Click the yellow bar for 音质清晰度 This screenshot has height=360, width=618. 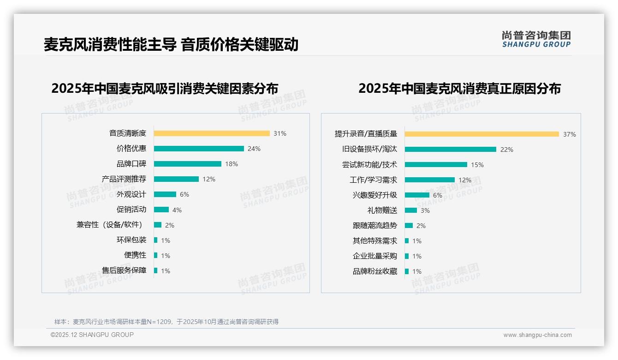pyautogui.click(x=212, y=133)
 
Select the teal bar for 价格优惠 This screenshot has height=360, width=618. pyautogui.click(x=199, y=149)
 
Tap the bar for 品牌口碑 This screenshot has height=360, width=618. pyautogui.click(x=188, y=164)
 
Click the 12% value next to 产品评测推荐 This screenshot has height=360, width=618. pyautogui.click(x=209, y=179)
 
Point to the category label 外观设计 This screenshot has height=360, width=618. pyautogui.click(x=131, y=194)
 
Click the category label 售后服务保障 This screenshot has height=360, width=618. pyautogui.click(x=124, y=270)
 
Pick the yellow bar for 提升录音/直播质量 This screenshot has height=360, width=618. pyautogui.click(x=482, y=134)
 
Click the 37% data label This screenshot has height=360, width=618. pyautogui.click(x=569, y=135)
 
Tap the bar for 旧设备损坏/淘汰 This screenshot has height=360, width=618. pyautogui.click(x=451, y=150)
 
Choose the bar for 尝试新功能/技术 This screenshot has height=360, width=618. pyautogui.click(x=436, y=165)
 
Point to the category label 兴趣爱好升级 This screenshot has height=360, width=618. pyautogui.click(x=374, y=195)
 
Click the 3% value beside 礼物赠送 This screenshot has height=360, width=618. pyautogui.click(x=425, y=210)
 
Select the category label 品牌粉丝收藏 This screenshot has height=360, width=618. pyautogui.click(x=374, y=271)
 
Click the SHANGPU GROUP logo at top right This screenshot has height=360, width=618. pyautogui.click(x=536, y=39)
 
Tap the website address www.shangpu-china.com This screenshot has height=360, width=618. pyautogui.click(x=537, y=335)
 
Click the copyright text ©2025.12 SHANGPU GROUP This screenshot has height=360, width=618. pyautogui.click(x=92, y=335)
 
